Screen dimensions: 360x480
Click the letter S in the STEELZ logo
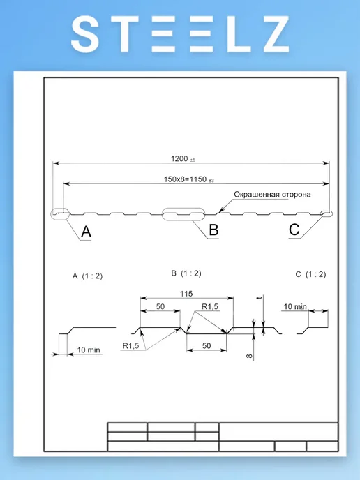coord(85,34)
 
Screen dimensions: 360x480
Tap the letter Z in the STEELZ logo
coord(274,34)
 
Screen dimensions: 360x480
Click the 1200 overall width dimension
coord(183,158)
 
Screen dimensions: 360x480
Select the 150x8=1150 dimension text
coord(188,179)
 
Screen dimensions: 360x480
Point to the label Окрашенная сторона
coord(272,195)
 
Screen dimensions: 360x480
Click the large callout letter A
coord(87,232)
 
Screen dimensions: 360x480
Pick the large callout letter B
coord(213,230)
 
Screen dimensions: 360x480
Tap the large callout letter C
coord(294,230)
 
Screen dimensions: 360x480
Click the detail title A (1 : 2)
coord(87,276)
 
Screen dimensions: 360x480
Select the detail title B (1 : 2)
coord(186,273)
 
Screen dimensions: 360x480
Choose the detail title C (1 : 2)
coord(310,274)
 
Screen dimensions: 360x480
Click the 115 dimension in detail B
coord(186,294)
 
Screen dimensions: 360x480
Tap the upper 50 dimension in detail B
coord(160,306)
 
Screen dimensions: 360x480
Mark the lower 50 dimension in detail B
coord(207,345)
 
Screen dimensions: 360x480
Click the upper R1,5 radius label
coord(210,306)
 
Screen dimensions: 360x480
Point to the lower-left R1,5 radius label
coord(130,345)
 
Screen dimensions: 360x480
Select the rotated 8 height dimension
coord(249,356)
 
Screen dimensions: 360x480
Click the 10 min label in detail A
coord(89,350)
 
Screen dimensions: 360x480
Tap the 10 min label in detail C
coord(295,306)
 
